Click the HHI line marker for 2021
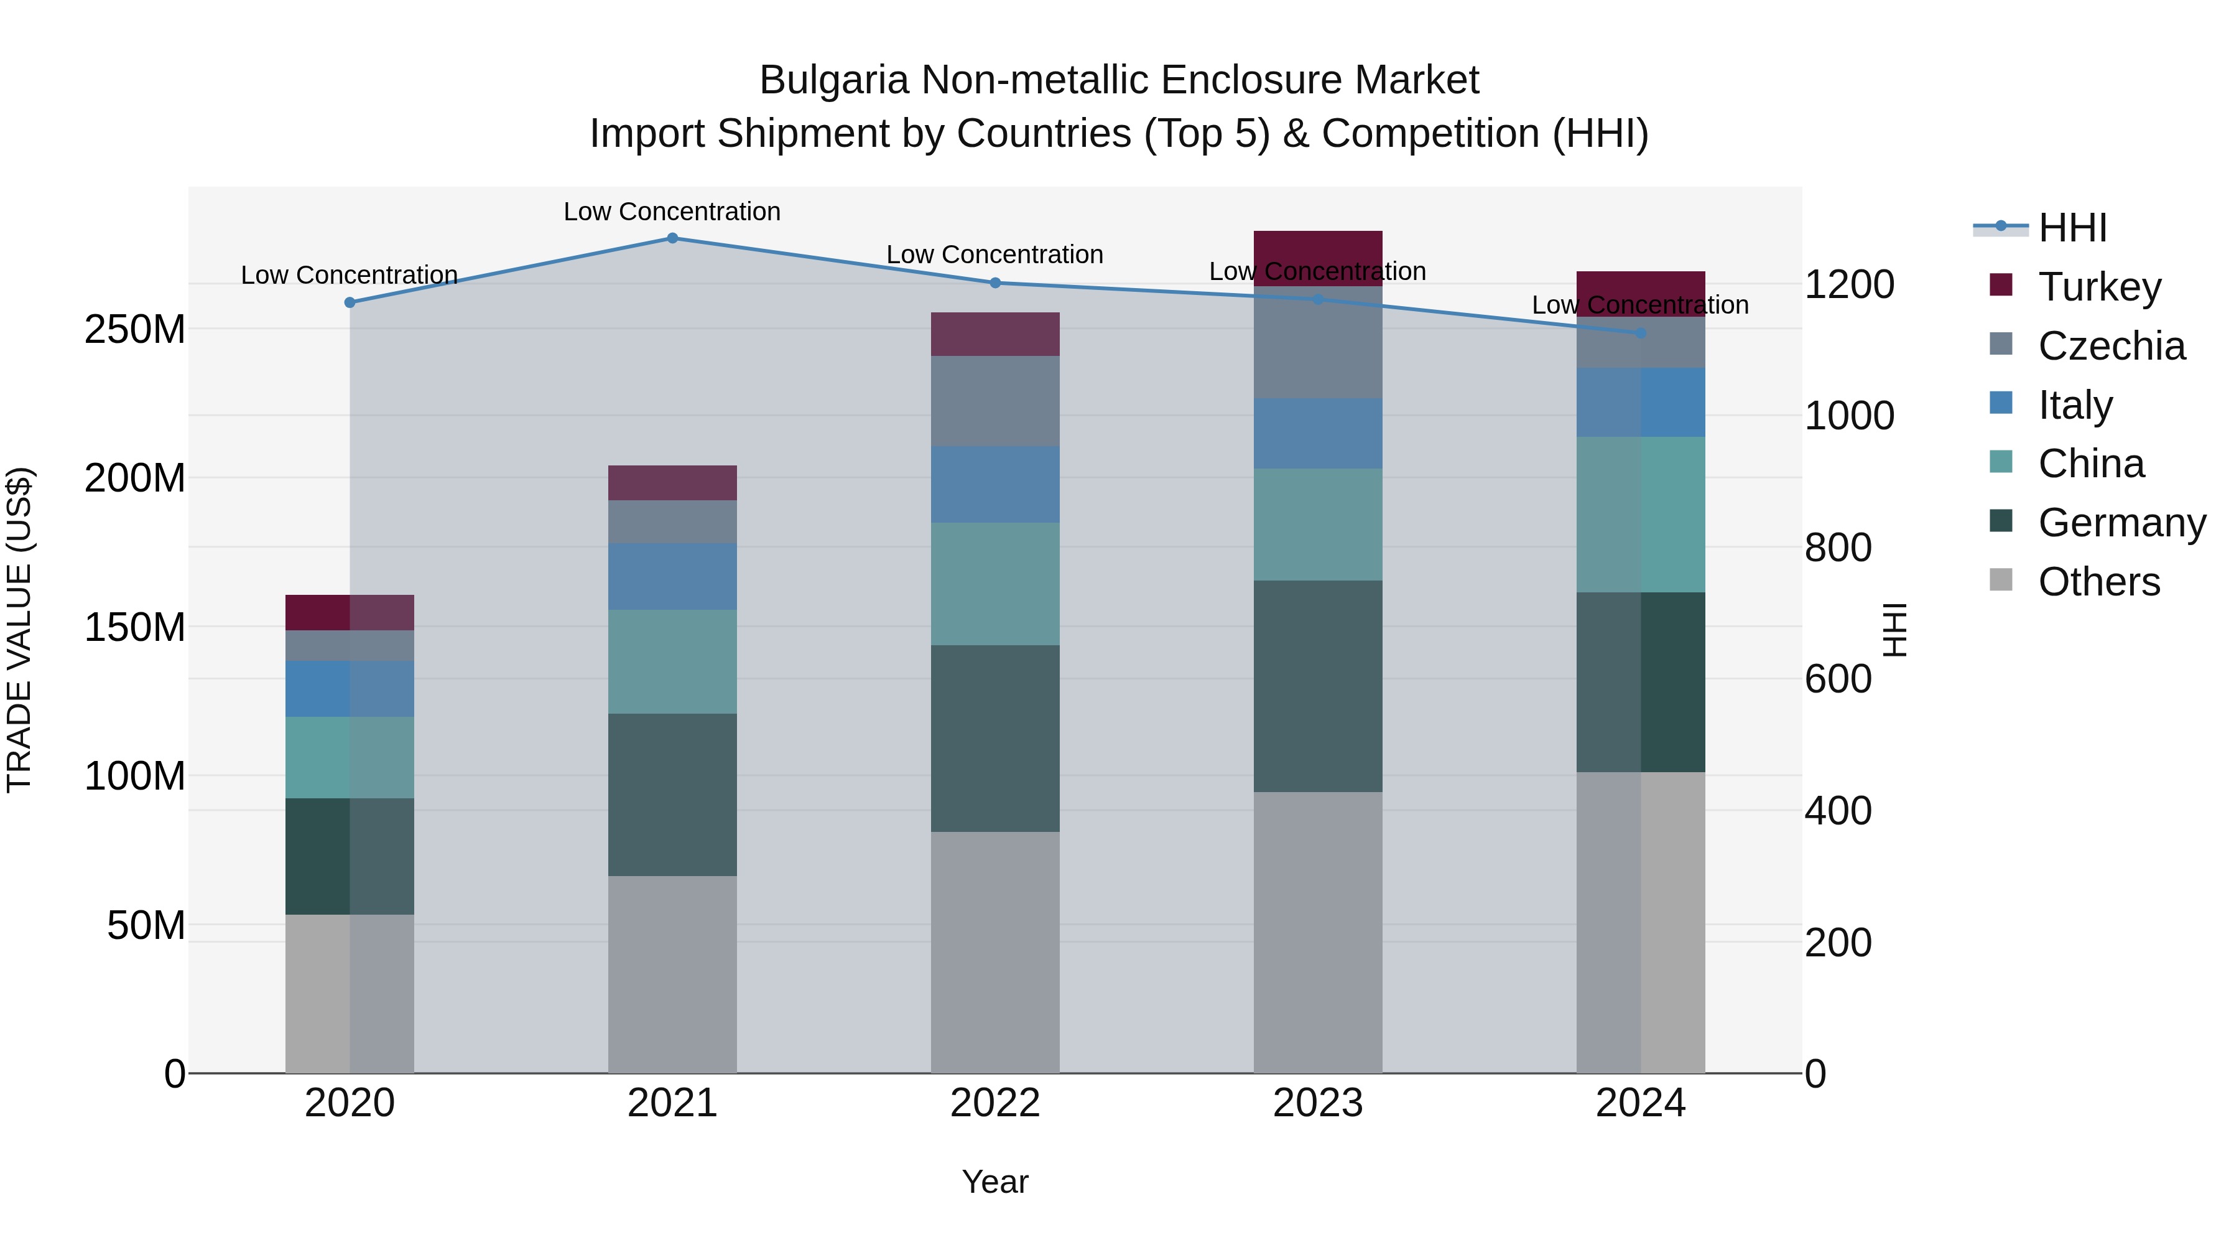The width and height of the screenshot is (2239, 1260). click(x=672, y=238)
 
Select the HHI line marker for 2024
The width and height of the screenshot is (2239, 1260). click(x=1640, y=333)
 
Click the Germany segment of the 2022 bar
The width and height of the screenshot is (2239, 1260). click(x=995, y=738)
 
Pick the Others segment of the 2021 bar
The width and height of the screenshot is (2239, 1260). click(x=672, y=974)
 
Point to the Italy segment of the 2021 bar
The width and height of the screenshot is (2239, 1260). click(x=672, y=577)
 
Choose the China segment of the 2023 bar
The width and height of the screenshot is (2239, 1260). click(x=1318, y=525)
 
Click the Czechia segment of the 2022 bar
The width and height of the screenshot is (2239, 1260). click(x=995, y=401)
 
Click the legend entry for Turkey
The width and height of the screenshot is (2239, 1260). click(x=2098, y=287)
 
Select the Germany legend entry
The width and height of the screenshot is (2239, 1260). click(x=2120, y=523)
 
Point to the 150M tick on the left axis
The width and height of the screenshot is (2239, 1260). click(x=135, y=627)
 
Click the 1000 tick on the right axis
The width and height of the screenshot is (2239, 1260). click(x=1849, y=416)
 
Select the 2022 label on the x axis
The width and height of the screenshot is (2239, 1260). click(x=995, y=1103)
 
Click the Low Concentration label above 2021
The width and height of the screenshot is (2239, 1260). click(x=672, y=212)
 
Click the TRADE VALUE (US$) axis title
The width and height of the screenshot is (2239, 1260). click(x=20, y=630)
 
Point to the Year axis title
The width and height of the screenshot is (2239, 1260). click(x=995, y=1182)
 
